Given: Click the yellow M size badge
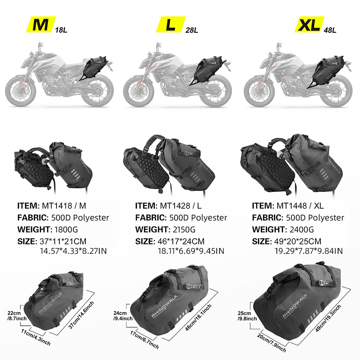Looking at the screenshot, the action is click(x=41, y=24).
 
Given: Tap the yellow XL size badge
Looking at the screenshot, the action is click(x=309, y=24).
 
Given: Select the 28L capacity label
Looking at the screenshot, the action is click(x=192, y=30).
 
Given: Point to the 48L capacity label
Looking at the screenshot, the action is click(x=330, y=30).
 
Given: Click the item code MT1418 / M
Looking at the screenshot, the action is click(x=64, y=206).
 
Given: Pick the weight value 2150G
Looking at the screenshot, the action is click(x=184, y=229).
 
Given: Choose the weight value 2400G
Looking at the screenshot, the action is click(x=302, y=229).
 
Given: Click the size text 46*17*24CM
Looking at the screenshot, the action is click(x=181, y=241).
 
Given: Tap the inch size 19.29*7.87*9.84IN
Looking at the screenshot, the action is click(x=309, y=251).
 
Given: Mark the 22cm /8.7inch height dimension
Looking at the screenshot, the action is click(x=17, y=316).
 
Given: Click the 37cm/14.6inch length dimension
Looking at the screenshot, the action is click(x=81, y=315).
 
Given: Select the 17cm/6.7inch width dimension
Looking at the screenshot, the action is click(x=144, y=340).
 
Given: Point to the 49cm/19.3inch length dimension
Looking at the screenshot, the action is click(x=328, y=318).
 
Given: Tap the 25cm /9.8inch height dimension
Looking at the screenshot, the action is click(x=247, y=316).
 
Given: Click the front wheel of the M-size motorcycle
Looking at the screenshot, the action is click(x=21, y=91).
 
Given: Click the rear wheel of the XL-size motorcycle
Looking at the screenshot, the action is click(x=336, y=91).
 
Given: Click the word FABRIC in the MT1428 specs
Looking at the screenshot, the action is click(x=151, y=217).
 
